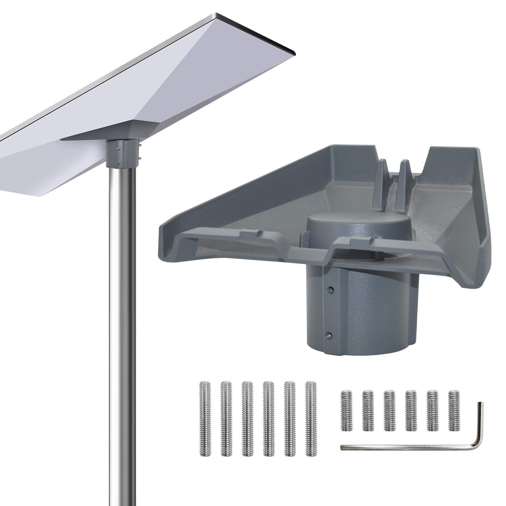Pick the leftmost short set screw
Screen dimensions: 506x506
(347, 411)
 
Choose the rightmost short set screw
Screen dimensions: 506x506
(454, 411)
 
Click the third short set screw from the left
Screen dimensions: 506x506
(389, 411)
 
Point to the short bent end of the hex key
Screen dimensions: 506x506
(480, 421)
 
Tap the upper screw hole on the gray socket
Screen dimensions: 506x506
(331, 289)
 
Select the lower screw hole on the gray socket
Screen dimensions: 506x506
(329, 335)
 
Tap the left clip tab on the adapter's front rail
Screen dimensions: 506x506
(250, 233)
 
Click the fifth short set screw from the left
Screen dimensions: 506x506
(432, 411)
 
